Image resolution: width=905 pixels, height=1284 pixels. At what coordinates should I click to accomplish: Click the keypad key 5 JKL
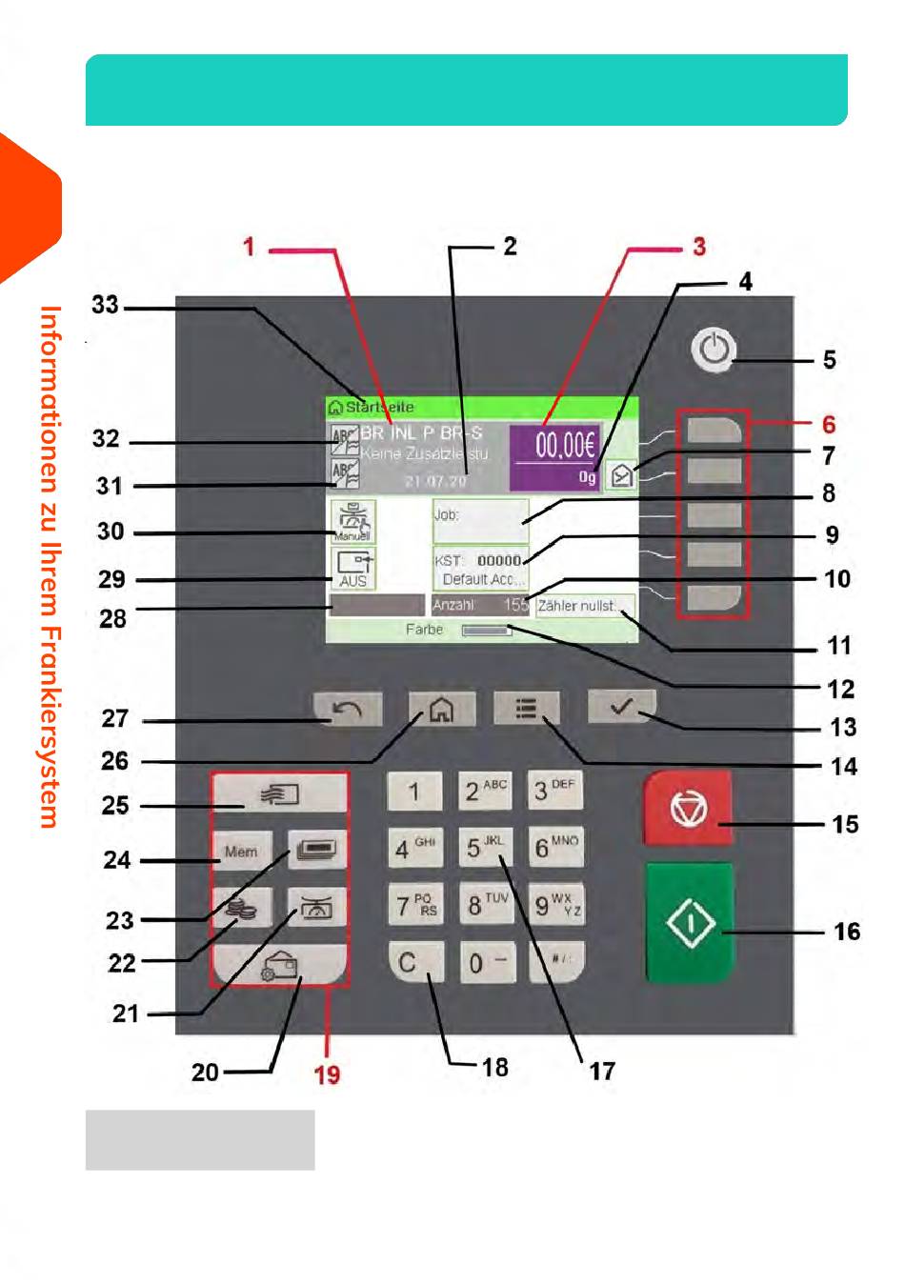point(484,847)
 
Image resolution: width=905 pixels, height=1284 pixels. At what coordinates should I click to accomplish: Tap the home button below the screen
point(441,709)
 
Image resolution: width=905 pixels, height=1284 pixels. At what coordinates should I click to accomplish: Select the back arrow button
point(348,709)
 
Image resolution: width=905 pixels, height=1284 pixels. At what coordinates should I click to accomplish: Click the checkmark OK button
point(621,707)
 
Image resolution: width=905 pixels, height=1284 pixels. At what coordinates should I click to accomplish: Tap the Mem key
point(241,851)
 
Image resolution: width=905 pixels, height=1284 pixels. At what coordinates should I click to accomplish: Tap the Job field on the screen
point(480,520)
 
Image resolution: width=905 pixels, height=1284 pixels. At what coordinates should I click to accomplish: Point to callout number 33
point(105,305)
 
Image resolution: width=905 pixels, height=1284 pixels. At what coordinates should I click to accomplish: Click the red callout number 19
point(327,1074)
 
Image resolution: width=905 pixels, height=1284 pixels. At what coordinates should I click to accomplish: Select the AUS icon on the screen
point(352,569)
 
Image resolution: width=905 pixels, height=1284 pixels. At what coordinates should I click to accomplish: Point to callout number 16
point(846,932)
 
